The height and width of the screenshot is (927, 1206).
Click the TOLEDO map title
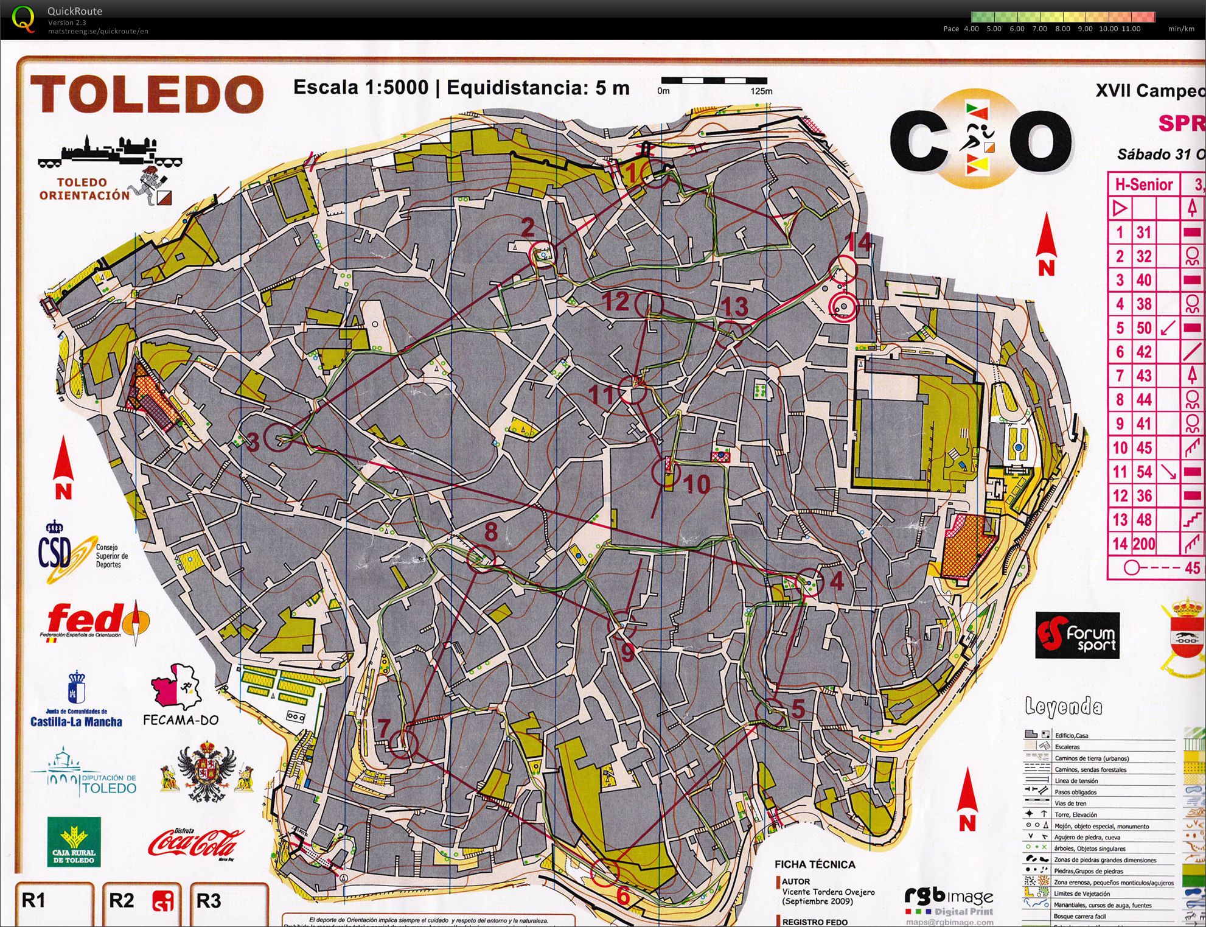[x=147, y=94]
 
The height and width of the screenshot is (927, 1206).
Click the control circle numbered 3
[x=279, y=437]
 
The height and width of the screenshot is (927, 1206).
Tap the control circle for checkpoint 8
[x=481, y=558]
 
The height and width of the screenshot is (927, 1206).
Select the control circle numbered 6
[x=605, y=872]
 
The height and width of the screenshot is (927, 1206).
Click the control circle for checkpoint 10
[x=666, y=472]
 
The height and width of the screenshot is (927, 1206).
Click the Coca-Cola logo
[x=196, y=843]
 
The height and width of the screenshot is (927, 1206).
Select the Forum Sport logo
[x=1077, y=635]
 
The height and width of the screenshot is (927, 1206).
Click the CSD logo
[x=56, y=551]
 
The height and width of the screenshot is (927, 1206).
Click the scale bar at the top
[x=714, y=80]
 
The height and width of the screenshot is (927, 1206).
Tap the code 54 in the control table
[x=1144, y=472]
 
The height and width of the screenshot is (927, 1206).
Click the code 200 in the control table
[x=1144, y=544]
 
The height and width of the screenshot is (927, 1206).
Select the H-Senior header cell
[x=1143, y=184]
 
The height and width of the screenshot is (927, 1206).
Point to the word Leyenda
[x=1064, y=707]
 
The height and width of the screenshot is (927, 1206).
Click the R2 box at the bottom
[x=142, y=901]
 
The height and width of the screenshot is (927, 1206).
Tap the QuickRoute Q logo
[x=24, y=18]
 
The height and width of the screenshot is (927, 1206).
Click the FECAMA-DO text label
[x=180, y=720]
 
